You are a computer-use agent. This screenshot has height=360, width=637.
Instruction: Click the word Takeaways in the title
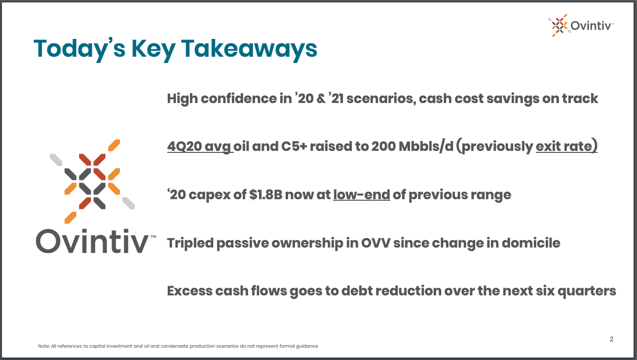coord(249,49)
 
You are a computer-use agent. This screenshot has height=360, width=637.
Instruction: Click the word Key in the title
coord(153,49)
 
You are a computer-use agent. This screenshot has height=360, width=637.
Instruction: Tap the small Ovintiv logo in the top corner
coord(580,25)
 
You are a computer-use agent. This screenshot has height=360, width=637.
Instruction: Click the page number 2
coord(611,339)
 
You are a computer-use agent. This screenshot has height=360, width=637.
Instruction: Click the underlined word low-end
coord(362,195)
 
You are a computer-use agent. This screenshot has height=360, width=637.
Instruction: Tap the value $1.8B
coord(265,195)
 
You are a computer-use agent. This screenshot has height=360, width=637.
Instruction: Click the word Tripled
coord(190,243)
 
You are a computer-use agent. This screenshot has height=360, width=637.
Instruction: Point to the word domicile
coord(531,243)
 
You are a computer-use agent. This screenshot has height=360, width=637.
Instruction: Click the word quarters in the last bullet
coord(587,291)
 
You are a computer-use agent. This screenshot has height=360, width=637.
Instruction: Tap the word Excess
coord(189,291)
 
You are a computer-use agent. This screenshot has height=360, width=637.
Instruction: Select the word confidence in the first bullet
coord(239,99)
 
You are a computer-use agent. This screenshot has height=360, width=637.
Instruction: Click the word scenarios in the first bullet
coord(381,99)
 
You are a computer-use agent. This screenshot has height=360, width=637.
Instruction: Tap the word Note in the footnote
coord(44,346)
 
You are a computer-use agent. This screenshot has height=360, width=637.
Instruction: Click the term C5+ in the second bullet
coord(294,146)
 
